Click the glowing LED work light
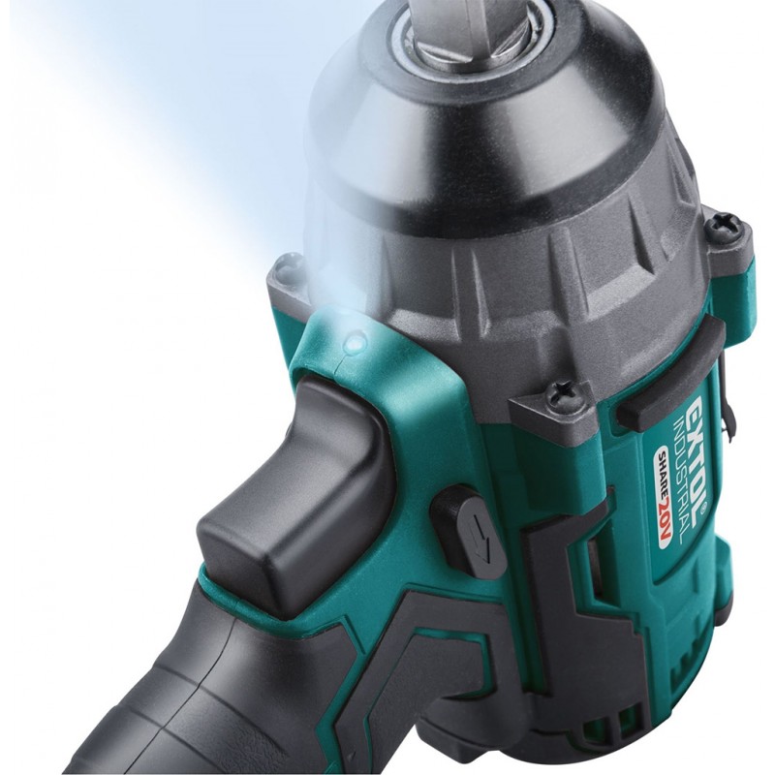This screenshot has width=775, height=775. [355, 342]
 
